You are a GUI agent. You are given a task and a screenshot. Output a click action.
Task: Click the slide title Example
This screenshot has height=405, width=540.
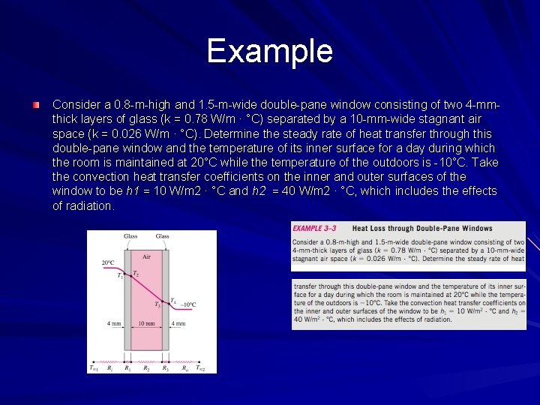269,51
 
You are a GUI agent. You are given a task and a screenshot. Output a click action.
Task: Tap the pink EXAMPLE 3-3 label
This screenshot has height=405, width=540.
318,229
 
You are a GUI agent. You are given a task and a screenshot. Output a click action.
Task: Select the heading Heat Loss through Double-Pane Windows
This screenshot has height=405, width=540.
422,229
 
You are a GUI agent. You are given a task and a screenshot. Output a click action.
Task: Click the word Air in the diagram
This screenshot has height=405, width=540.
146,256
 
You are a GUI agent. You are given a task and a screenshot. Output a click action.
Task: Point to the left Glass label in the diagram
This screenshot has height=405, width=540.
130,236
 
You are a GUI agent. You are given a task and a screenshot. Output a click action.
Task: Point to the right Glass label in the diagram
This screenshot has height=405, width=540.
162,236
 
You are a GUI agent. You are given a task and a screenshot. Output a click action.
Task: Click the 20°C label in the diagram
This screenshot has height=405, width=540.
108,263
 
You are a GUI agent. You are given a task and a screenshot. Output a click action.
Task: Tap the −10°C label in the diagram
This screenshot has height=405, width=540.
187,304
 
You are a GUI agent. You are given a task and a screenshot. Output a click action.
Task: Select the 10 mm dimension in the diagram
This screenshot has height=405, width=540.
146,324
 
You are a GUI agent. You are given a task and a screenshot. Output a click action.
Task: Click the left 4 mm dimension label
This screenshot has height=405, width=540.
113,324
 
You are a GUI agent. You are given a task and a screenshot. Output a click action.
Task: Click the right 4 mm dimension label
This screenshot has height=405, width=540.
179,324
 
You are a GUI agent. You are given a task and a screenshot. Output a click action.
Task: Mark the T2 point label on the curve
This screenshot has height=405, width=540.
136,273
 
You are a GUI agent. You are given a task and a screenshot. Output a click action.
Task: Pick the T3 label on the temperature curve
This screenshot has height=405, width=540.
157,304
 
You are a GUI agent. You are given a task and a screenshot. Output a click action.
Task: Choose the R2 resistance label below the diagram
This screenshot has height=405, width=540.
146,368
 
